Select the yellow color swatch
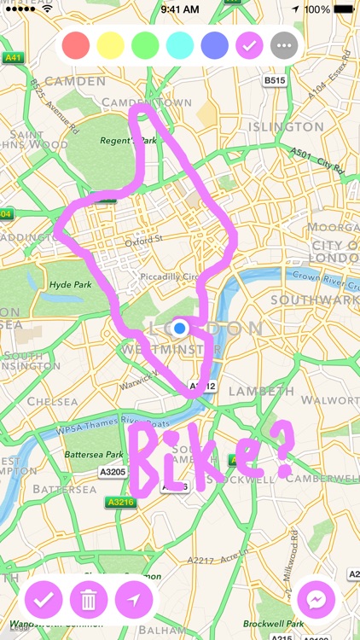(x=111, y=45)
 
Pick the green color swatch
(x=146, y=45)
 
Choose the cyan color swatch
(x=180, y=45)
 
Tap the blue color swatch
(x=215, y=45)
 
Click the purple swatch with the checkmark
(x=249, y=45)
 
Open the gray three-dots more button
(x=283, y=45)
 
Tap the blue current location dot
(x=179, y=328)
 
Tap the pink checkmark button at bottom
(x=44, y=600)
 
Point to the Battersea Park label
(x=92, y=454)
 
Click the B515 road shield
(x=273, y=80)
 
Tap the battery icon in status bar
(x=345, y=9)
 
